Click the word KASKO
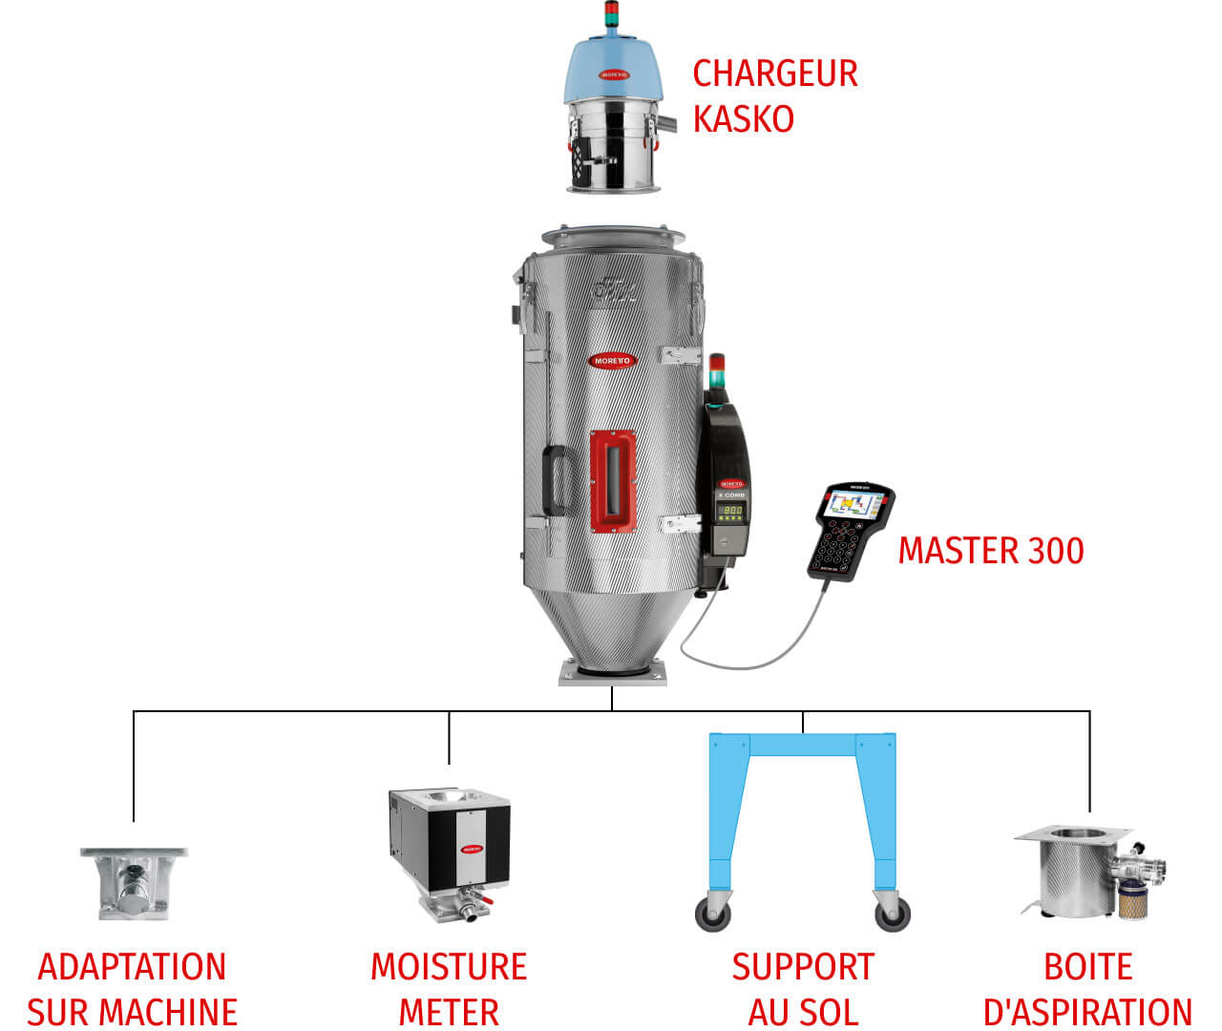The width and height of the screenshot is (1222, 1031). [x=743, y=119]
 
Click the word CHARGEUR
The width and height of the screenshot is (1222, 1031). [x=774, y=74]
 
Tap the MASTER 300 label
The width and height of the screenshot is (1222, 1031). [x=990, y=551]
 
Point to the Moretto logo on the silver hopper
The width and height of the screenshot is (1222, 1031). [x=612, y=360]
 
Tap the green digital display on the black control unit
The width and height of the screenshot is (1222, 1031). [x=732, y=512]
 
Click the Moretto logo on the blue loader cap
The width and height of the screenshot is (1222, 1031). [x=614, y=74]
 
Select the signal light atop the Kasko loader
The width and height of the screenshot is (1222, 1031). [x=611, y=15]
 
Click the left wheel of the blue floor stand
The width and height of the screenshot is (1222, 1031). [x=713, y=915]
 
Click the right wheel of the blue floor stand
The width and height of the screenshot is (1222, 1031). [x=893, y=915]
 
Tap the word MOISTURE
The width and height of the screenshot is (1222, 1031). [x=449, y=967]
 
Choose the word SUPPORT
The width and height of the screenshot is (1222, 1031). [x=803, y=967]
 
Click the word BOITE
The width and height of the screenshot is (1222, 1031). [x=1087, y=967]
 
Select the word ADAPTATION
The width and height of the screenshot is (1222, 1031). [x=132, y=967]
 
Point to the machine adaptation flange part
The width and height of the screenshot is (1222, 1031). [x=133, y=883]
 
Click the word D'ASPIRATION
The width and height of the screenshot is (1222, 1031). [x=1087, y=1012]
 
